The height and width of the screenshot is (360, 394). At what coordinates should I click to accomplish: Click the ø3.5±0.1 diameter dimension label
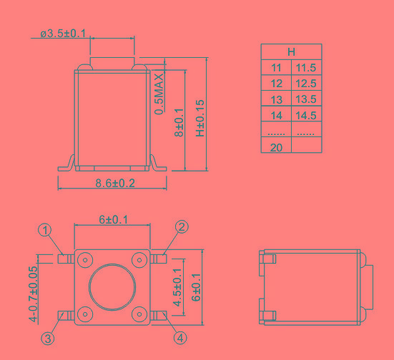pos(63,34)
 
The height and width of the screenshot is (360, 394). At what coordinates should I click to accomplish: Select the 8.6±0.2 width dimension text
pos(115,184)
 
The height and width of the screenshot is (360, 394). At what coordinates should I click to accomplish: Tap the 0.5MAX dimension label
pos(159,94)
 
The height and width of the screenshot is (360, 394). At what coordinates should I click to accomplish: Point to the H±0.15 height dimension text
pos(200,119)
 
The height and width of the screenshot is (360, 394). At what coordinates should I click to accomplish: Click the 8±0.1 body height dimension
pos(179,123)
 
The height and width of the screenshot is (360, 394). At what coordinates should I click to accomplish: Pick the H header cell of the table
pos(291,52)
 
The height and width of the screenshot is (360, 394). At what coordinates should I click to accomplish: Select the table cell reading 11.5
pos(306,68)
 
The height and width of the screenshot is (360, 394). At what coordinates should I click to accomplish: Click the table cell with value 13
pos(277,99)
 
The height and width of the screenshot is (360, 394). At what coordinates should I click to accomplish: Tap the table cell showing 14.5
pos(306,115)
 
